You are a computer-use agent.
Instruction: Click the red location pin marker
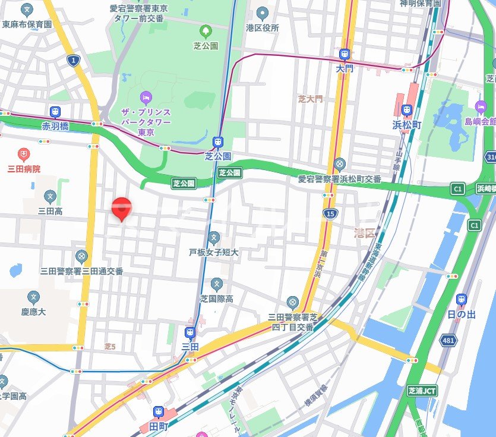click(x=122, y=208)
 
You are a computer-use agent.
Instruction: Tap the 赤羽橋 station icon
click(x=55, y=112)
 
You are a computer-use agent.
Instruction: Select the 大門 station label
click(x=344, y=69)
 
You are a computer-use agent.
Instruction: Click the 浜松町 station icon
click(x=407, y=110)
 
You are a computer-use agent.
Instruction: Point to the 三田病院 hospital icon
click(x=24, y=155)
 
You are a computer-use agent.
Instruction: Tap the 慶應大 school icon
click(x=33, y=297)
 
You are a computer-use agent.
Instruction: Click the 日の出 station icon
click(x=462, y=300)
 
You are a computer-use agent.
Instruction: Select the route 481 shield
click(x=449, y=340)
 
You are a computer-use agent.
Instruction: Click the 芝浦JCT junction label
click(x=422, y=391)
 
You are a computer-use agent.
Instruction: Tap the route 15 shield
click(x=331, y=213)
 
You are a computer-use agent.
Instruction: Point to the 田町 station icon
click(x=159, y=411)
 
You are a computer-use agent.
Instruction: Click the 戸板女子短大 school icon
click(x=214, y=238)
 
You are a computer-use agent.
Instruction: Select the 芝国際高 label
click(x=216, y=299)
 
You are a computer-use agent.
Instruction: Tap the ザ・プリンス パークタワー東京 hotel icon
click(x=146, y=97)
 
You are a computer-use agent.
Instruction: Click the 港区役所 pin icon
click(x=263, y=12)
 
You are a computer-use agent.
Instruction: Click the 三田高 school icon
click(x=50, y=196)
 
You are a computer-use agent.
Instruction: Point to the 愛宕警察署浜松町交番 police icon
click(x=339, y=164)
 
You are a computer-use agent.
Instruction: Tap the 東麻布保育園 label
click(x=27, y=24)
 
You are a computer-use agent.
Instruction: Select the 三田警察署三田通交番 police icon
click(x=81, y=256)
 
